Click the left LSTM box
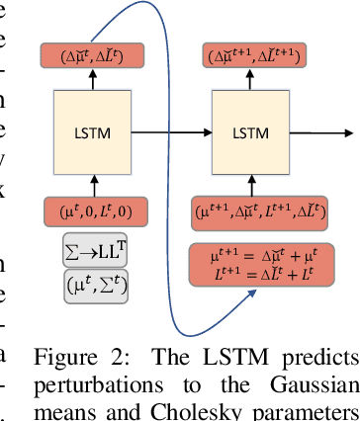(94, 131)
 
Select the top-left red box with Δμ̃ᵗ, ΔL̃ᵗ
(94, 56)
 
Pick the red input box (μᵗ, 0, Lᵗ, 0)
(95, 210)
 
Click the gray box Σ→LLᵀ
(95, 251)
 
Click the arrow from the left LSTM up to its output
(93, 82)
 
